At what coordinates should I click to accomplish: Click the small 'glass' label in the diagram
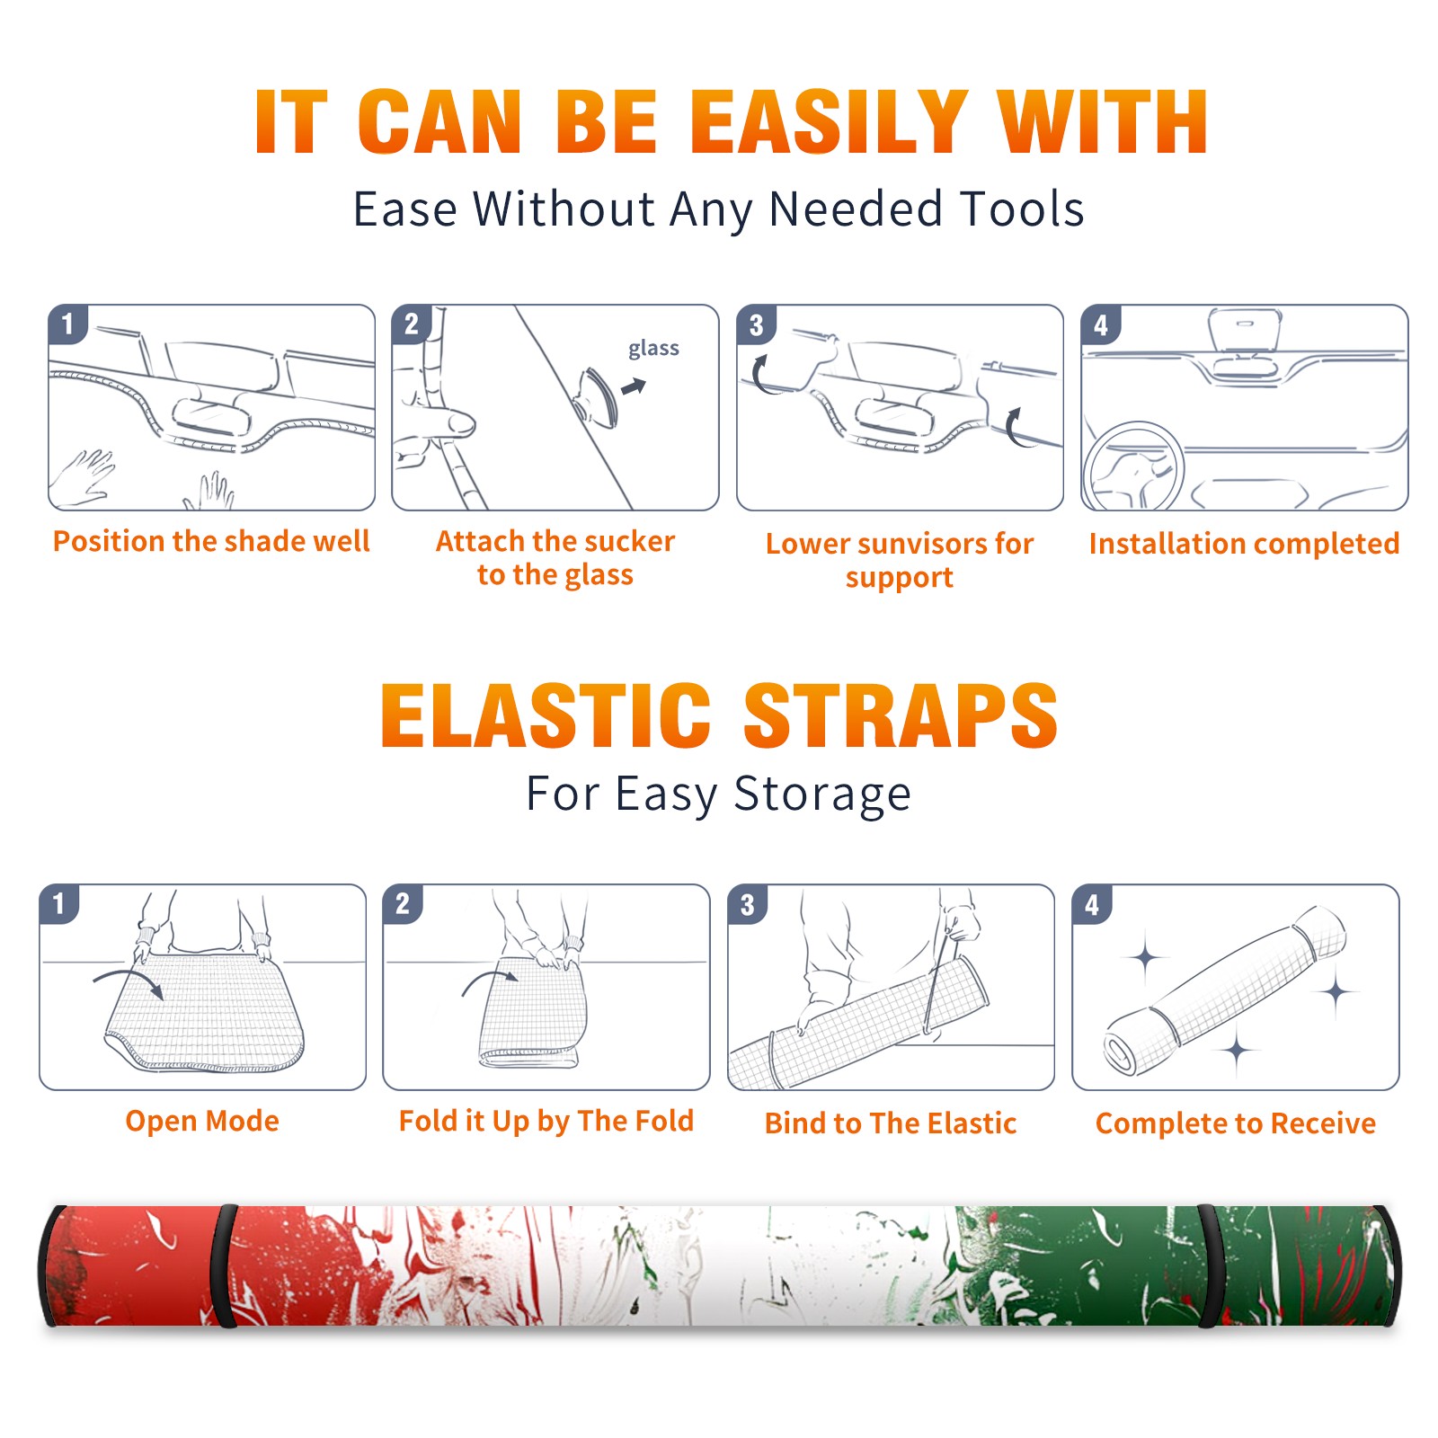click(x=653, y=349)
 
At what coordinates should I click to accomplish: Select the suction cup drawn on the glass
click(x=598, y=395)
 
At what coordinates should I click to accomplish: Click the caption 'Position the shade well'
click(x=211, y=541)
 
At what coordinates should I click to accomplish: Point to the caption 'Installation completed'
click(x=1244, y=543)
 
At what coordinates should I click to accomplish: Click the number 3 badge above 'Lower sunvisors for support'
click(x=756, y=324)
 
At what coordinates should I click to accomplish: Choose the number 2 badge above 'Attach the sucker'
click(x=412, y=324)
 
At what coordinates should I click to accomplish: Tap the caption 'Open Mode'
click(x=202, y=1122)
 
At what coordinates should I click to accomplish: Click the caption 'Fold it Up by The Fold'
click(x=546, y=1122)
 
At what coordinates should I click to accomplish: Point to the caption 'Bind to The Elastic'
click(x=891, y=1123)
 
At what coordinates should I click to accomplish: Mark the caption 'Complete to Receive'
click(x=1236, y=1123)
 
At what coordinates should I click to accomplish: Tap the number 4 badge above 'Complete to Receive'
click(x=1092, y=904)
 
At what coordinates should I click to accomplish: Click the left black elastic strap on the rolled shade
click(x=224, y=1266)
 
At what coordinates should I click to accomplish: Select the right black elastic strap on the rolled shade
click(x=1210, y=1266)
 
